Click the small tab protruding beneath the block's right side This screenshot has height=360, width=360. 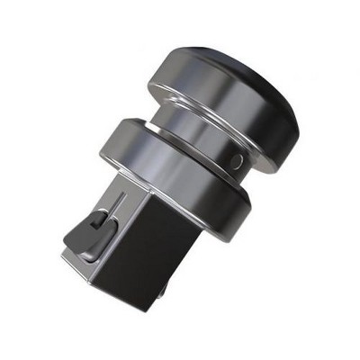click(165, 289)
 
